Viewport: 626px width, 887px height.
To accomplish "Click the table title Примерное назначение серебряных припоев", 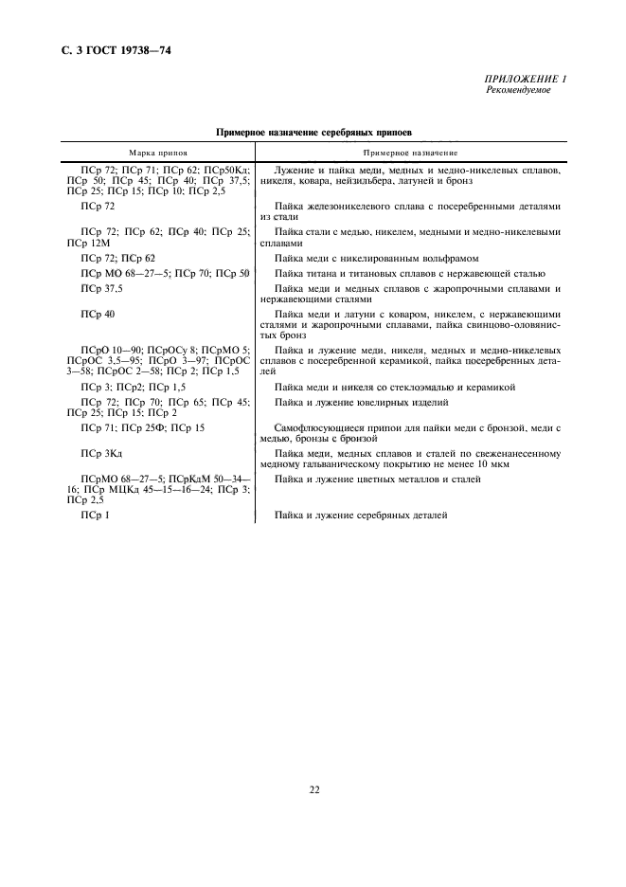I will pos(313,134).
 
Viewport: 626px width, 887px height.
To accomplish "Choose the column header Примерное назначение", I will pos(410,152).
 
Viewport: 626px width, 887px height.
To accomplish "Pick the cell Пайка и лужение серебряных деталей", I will pos(360,515).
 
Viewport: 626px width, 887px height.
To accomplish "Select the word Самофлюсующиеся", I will pos(312,428).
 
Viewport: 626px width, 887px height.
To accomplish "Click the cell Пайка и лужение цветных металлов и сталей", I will pos(377,480).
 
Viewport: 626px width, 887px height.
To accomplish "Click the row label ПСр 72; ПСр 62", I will pos(118,258).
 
